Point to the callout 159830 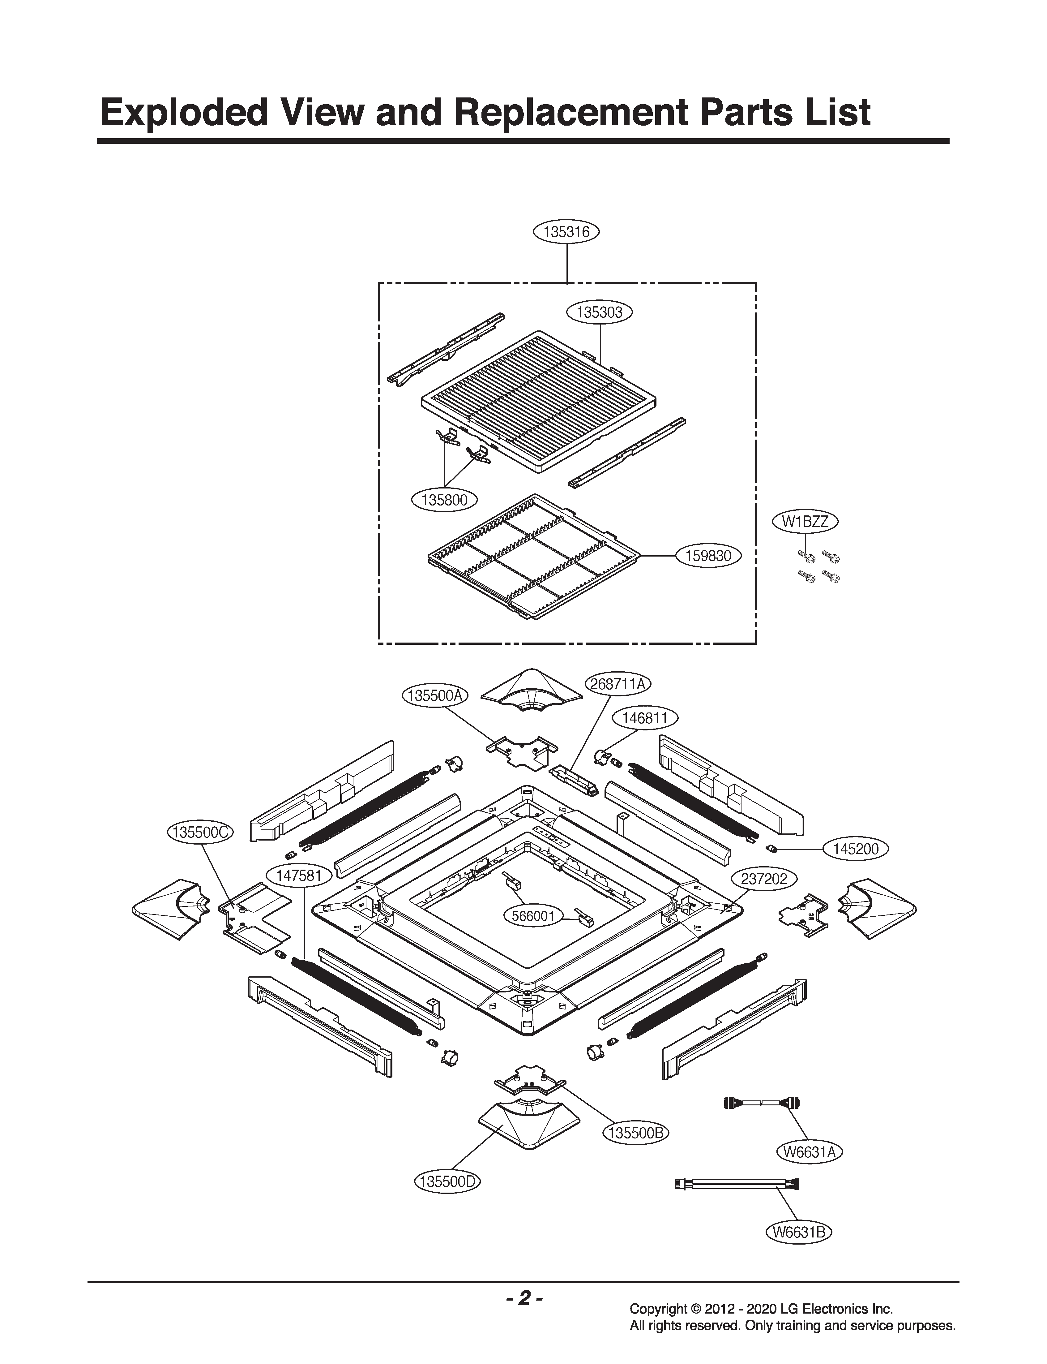pyautogui.click(x=709, y=555)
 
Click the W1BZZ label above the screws pyautogui.click(x=805, y=522)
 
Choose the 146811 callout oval pyautogui.click(x=644, y=718)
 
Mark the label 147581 pyautogui.click(x=298, y=875)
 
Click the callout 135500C pyautogui.click(x=200, y=832)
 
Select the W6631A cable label pyautogui.click(x=809, y=1152)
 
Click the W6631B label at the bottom pyautogui.click(x=798, y=1232)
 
